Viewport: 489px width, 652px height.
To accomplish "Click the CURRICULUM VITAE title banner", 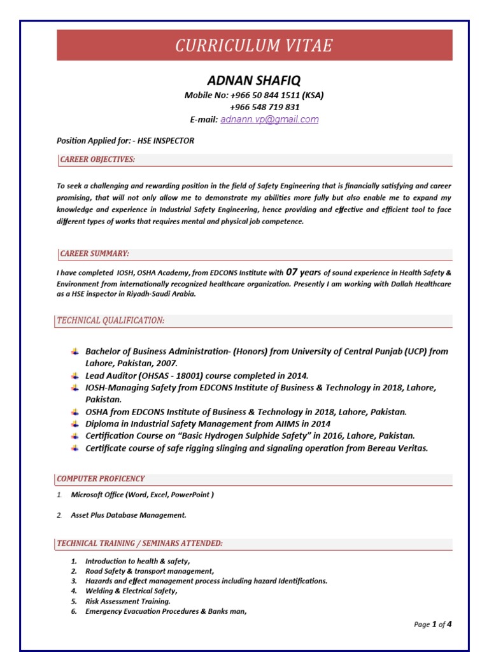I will [x=254, y=46].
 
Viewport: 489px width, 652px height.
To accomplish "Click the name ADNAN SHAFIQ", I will [x=254, y=80].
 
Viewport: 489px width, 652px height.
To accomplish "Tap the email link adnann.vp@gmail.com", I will [x=269, y=119].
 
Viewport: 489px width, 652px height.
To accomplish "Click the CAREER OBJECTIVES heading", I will [x=97, y=159].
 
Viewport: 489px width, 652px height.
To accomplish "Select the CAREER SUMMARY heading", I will [x=94, y=253].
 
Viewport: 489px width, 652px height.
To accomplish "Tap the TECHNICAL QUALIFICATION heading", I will [x=111, y=320].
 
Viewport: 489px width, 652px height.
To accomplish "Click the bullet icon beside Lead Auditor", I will [x=75, y=376].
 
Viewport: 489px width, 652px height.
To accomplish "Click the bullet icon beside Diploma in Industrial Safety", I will [x=75, y=423].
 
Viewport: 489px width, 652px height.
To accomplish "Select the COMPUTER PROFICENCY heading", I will [x=101, y=478].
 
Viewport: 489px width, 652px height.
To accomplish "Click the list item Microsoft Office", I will [x=142, y=495].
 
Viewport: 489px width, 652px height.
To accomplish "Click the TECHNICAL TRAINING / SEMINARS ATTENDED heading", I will [x=140, y=543].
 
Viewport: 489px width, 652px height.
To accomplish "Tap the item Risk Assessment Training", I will [x=128, y=601].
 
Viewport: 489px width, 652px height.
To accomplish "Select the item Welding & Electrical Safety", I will [x=131, y=591].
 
